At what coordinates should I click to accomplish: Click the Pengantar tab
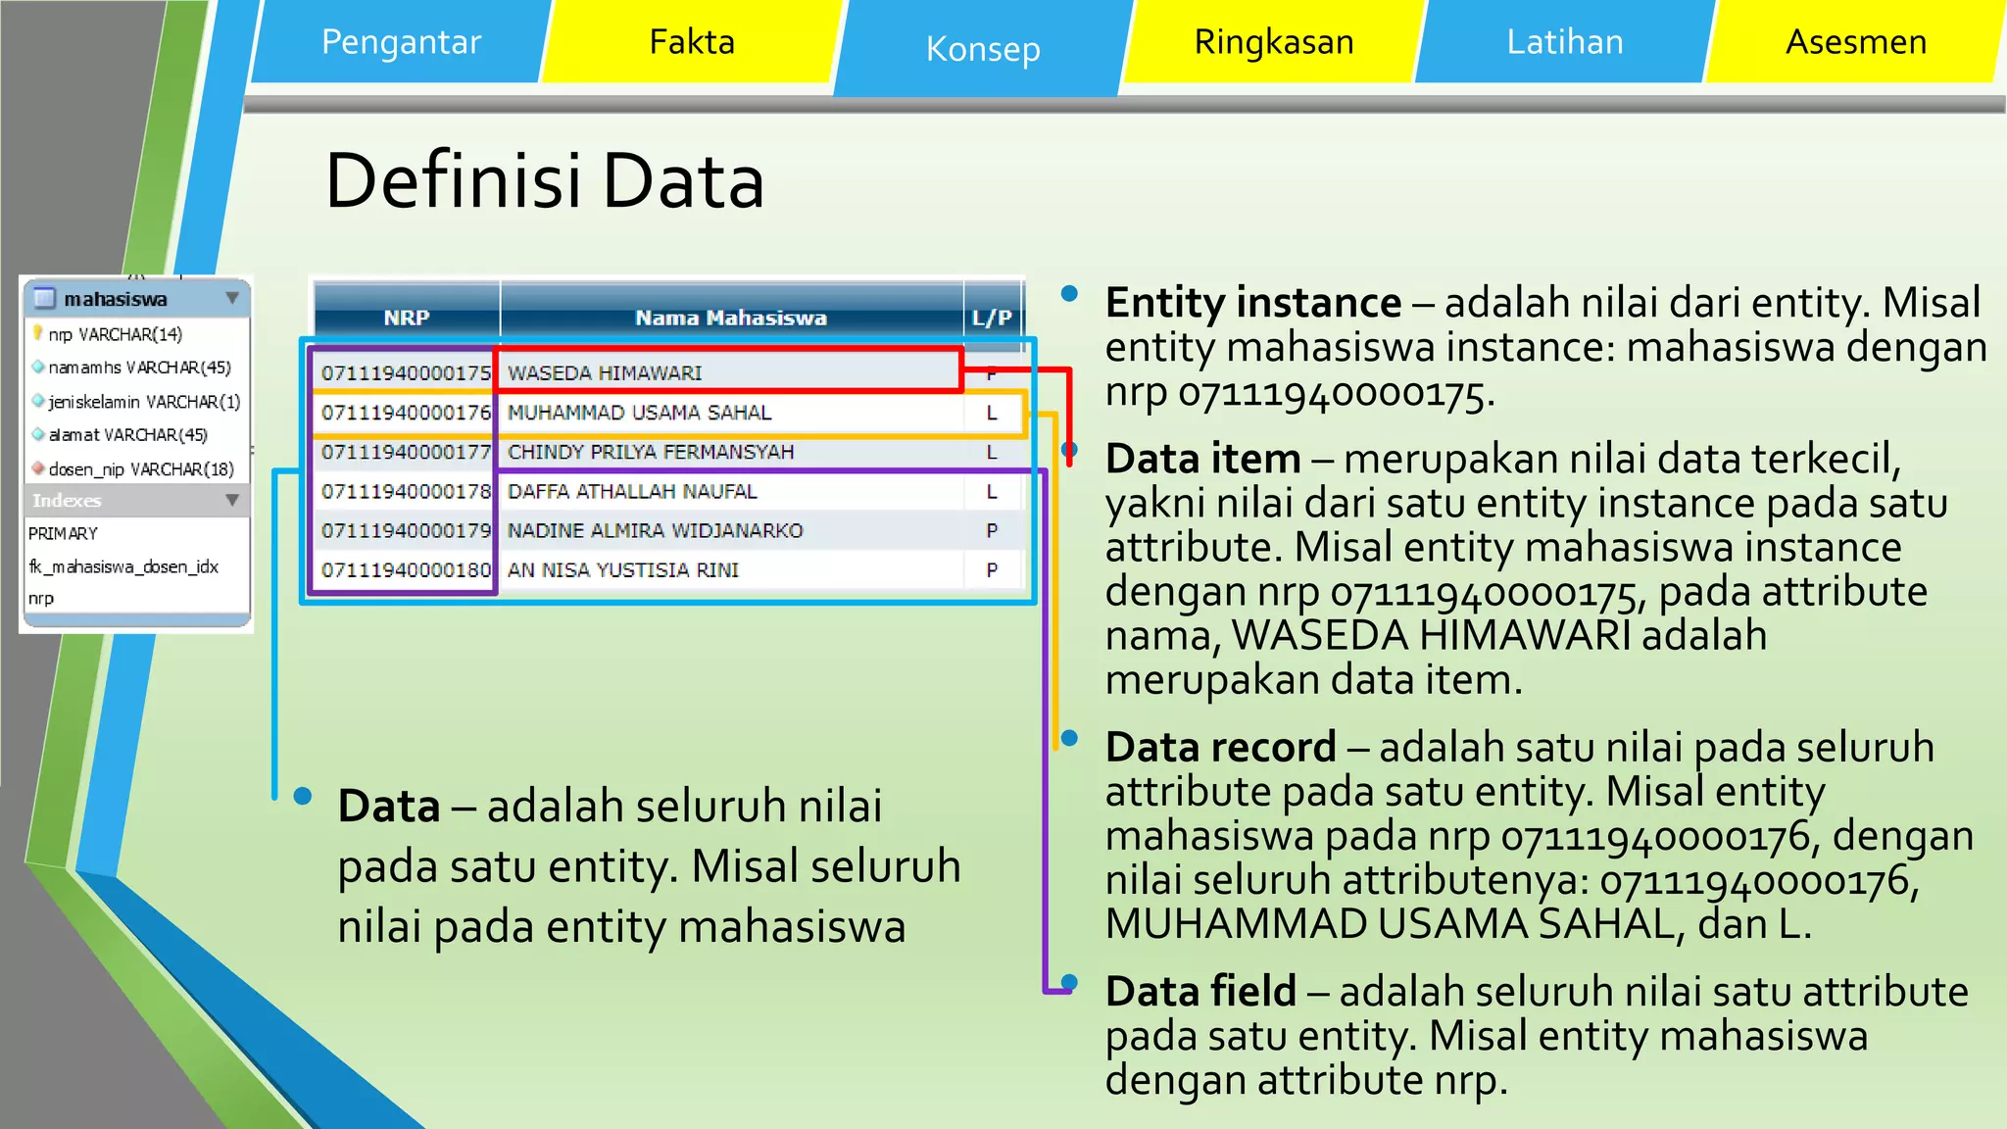(x=401, y=42)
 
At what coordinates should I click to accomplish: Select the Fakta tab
(x=692, y=42)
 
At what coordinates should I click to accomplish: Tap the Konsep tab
(x=983, y=49)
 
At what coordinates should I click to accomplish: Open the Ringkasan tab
(x=1273, y=42)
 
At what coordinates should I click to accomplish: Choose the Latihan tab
(x=1564, y=42)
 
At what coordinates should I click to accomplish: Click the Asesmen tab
(x=1855, y=42)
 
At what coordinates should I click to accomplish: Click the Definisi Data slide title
(x=544, y=182)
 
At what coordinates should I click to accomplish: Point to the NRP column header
(x=406, y=318)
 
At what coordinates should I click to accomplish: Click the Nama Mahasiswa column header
(x=730, y=318)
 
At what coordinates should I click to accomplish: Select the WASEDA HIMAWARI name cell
(x=605, y=373)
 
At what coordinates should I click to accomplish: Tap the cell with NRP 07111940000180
(x=406, y=570)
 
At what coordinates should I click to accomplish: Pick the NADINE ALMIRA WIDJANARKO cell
(x=655, y=531)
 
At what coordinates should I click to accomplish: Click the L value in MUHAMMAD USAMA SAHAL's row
(x=992, y=414)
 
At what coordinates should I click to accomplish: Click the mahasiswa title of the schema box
(x=116, y=299)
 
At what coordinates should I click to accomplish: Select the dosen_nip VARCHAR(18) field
(x=141, y=469)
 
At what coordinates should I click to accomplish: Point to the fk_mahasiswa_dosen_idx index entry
(x=123, y=566)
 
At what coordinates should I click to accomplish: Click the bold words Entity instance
(x=1252, y=303)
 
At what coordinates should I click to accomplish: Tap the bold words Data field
(x=1200, y=992)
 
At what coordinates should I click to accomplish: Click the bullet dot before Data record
(x=1069, y=737)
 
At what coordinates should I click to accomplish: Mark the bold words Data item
(x=1202, y=459)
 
